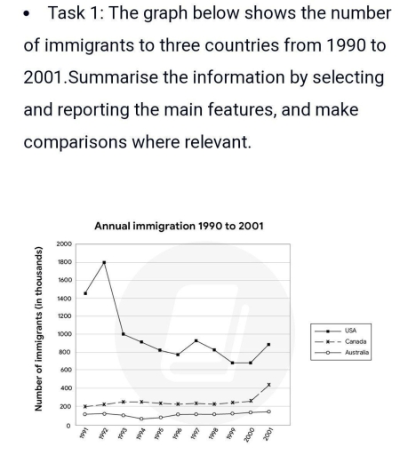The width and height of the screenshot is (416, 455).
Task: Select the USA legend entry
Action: coord(350,330)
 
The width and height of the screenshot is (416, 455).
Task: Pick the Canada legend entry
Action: coord(354,341)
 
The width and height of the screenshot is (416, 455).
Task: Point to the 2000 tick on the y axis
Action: coord(63,243)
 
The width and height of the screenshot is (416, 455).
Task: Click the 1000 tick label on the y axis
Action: coord(63,334)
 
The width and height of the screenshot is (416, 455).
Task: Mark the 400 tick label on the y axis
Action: coord(65,388)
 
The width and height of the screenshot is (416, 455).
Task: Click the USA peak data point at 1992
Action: coord(104,262)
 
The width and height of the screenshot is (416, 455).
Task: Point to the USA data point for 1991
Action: coord(85,293)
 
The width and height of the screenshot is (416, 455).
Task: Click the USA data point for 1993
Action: coord(123,334)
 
